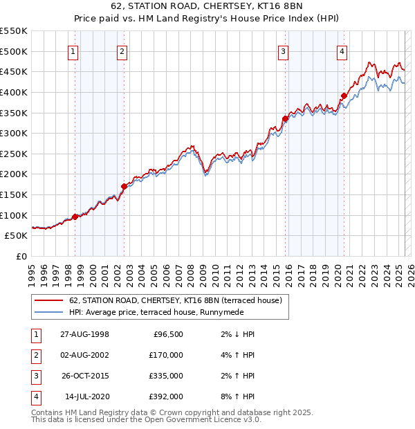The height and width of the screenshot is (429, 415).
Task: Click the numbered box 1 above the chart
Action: point(73,51)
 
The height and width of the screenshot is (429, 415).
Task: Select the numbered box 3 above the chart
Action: point(283,51)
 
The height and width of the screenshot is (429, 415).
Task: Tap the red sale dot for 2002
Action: point(124,186)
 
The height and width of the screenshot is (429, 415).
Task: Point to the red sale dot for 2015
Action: point(286,118)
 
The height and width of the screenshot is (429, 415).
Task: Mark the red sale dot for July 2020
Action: point(344,95)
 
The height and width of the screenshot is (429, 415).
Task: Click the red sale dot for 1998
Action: point(75,217)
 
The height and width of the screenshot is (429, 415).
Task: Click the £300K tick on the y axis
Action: point(13,133)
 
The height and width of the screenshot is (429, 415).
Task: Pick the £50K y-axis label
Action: point(16,235)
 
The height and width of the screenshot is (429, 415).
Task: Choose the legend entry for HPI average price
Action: point(169,313)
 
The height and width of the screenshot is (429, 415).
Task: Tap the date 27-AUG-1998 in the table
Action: point(84,334)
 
